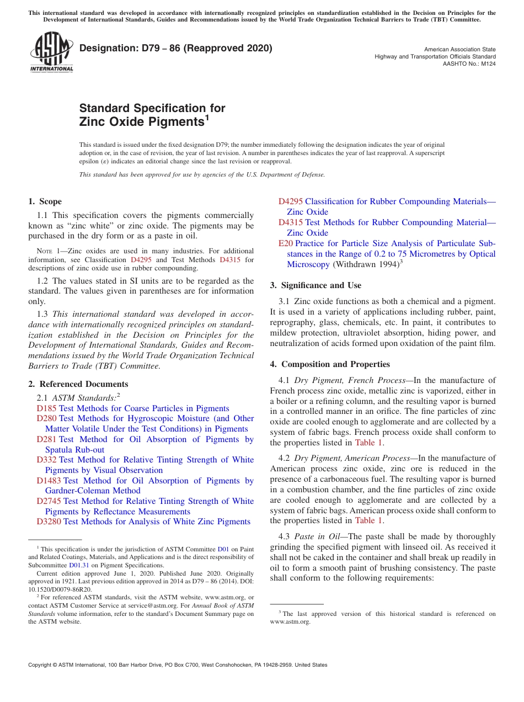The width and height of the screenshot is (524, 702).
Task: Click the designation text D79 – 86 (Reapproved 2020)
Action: point(176,48)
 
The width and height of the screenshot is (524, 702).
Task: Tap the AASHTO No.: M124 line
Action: point(469,64)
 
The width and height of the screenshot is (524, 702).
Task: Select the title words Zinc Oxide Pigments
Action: point(142,121)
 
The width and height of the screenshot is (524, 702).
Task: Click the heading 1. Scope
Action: point(45,201)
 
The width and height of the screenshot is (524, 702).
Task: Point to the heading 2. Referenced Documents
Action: point(78,384)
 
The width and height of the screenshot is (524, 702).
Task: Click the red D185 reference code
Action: point(46,408)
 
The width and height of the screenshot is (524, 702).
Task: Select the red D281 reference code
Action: point(46,439)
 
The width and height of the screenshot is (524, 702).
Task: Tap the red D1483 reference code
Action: point(49,481)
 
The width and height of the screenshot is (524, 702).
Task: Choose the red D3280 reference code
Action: point(49,522)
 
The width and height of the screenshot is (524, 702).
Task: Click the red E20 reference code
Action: point(285,243)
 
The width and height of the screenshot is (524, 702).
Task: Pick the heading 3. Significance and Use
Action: point(316,285)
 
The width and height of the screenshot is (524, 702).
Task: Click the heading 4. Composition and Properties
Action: point(330,364)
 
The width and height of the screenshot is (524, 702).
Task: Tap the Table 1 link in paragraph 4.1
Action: point(368,443)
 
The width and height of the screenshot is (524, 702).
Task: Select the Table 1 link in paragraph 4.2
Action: point(368,520)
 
